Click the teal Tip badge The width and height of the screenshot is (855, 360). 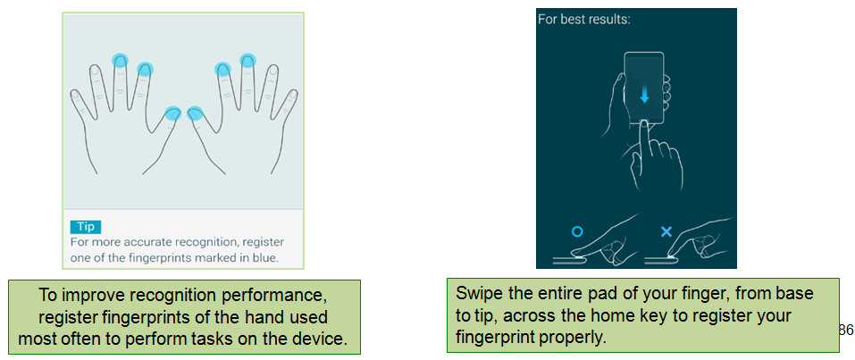coord(86,227)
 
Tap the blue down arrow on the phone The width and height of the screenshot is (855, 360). coord(644,96)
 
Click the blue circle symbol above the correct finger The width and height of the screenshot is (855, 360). coord(577,232)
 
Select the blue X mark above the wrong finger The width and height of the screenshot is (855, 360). coord(666,232)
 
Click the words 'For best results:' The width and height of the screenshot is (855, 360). coord(584,19)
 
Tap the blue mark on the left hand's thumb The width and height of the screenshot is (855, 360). coord(172,113)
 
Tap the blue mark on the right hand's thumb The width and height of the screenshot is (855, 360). coord(195,113)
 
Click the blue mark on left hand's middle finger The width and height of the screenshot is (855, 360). coord(120,60)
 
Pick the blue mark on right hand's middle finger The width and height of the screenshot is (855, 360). coord(247,60)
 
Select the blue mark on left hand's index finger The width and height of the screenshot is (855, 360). coord(145,70)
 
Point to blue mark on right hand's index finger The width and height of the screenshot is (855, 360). coord(223,70)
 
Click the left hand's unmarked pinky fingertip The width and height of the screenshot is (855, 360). coord(75,96)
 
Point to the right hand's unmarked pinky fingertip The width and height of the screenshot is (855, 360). coord(293,96)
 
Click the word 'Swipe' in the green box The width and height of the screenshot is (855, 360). coord(476,295)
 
